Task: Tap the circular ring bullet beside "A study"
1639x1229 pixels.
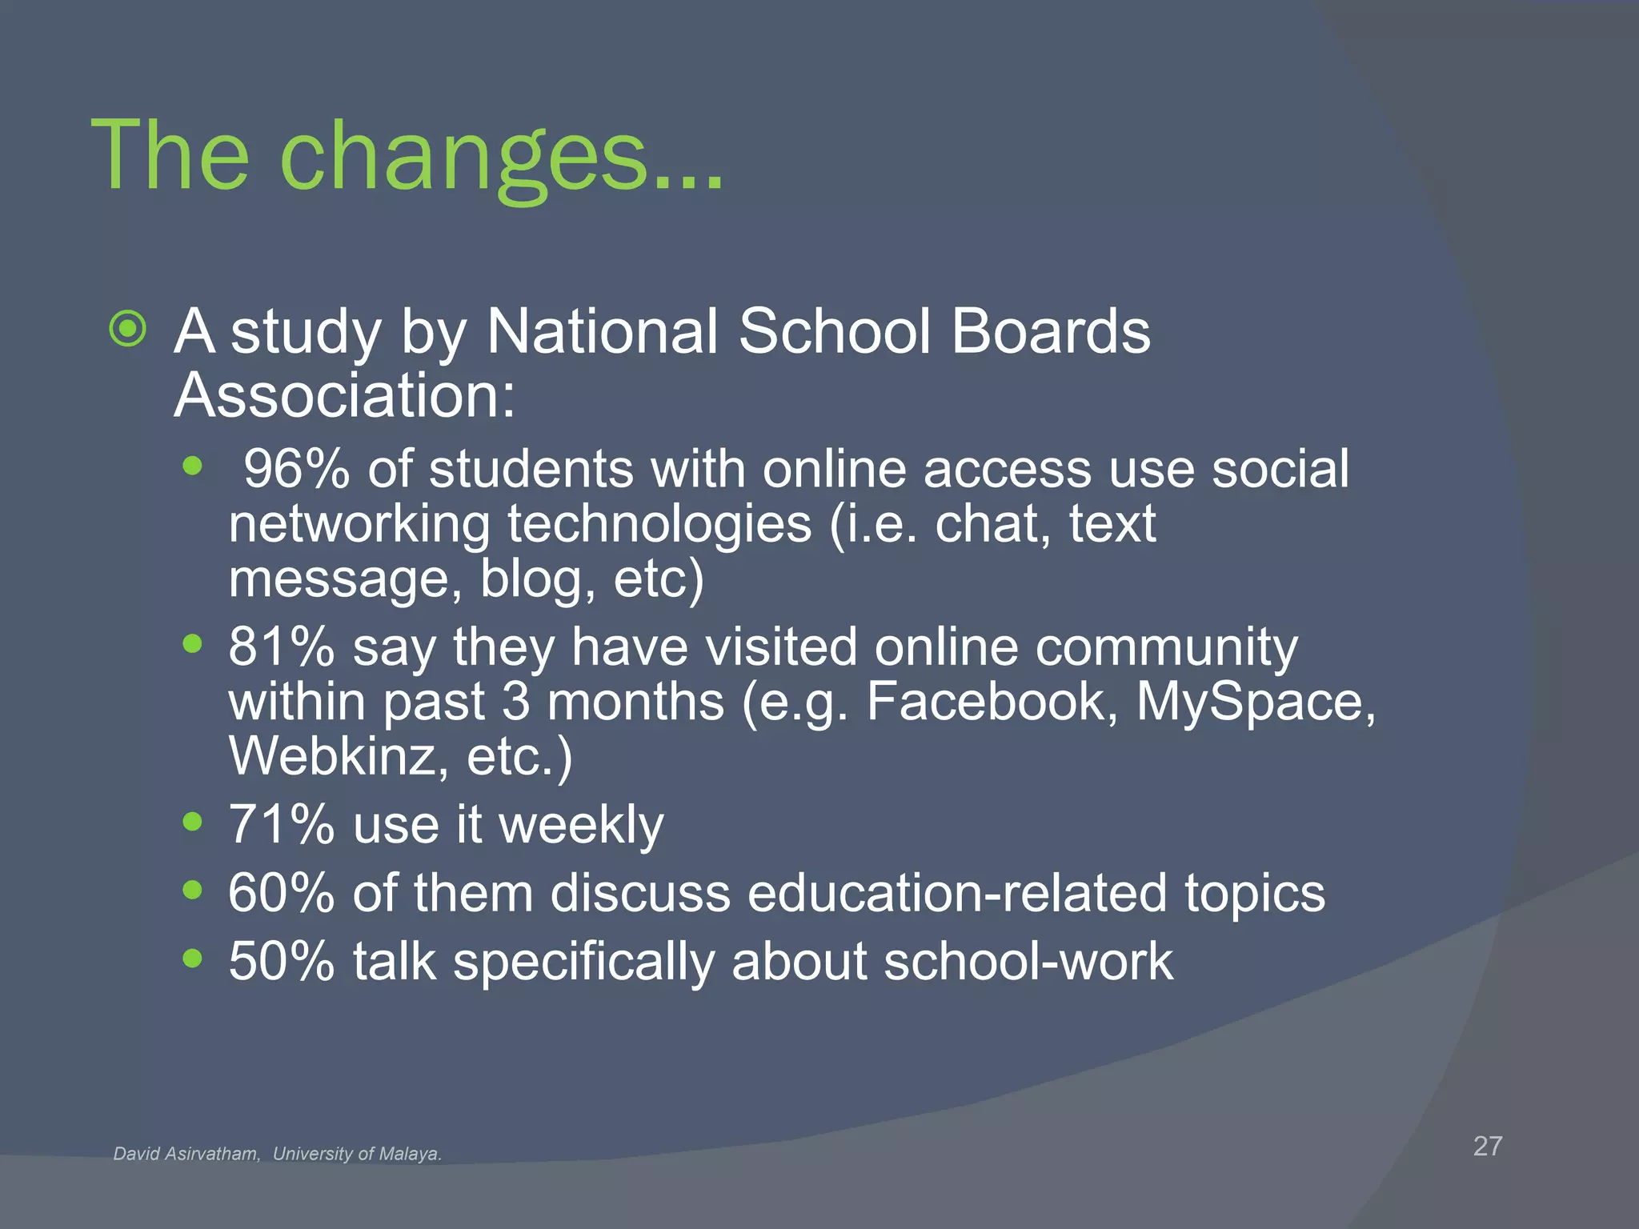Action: pos(128,329)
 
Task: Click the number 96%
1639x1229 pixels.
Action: pos(296,469)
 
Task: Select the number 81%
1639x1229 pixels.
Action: pos(281,647)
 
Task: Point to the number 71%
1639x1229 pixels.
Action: pos(281,825)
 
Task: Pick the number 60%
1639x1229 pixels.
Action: pos(281,893)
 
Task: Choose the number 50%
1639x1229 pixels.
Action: pos(281,961)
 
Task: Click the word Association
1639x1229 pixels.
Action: pos(344,395)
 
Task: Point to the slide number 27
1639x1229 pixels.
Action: pos(1488,1146)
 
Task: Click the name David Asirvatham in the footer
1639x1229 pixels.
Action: pos(186,1154)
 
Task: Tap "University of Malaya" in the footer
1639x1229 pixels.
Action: pos(357,1154)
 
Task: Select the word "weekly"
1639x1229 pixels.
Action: pos(581,825)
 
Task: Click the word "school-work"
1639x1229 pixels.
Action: pos(1028,961)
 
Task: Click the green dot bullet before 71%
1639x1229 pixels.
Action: pos(192,821)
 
